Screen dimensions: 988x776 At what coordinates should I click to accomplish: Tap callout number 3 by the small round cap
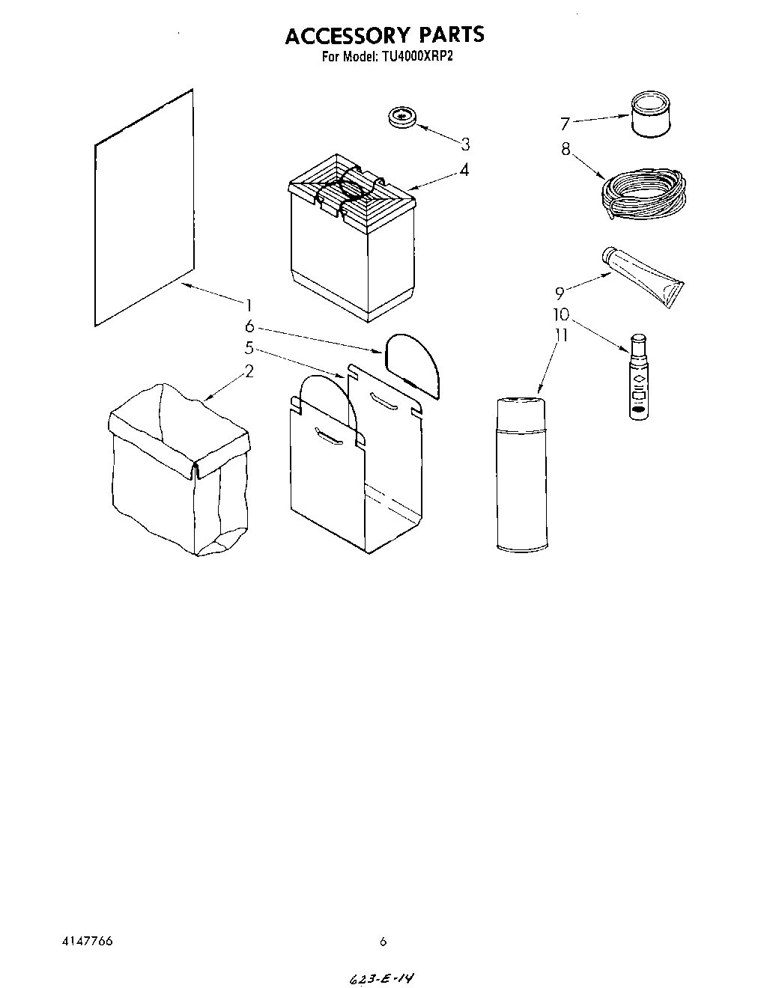pyautogui.click(x=465, y=144)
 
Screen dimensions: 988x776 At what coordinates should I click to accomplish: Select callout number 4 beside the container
pyautogui.click(x=465, y=171)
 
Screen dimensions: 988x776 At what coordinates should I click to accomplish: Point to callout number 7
pyautogui.click(x=566, y=124)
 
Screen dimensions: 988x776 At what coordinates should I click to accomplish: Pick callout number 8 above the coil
pyautogui.click(x=566, y=149)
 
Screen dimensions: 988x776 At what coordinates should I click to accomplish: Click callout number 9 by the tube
pyautogui.click(x=560, y=293)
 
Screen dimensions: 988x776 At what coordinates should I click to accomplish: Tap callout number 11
pyautogui.click(x=560, y=335)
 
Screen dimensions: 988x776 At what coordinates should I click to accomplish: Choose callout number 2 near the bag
pyautogui.click(x=249, y=370)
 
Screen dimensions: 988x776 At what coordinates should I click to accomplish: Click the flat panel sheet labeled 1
pyautogui.click(x=145, y=210)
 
